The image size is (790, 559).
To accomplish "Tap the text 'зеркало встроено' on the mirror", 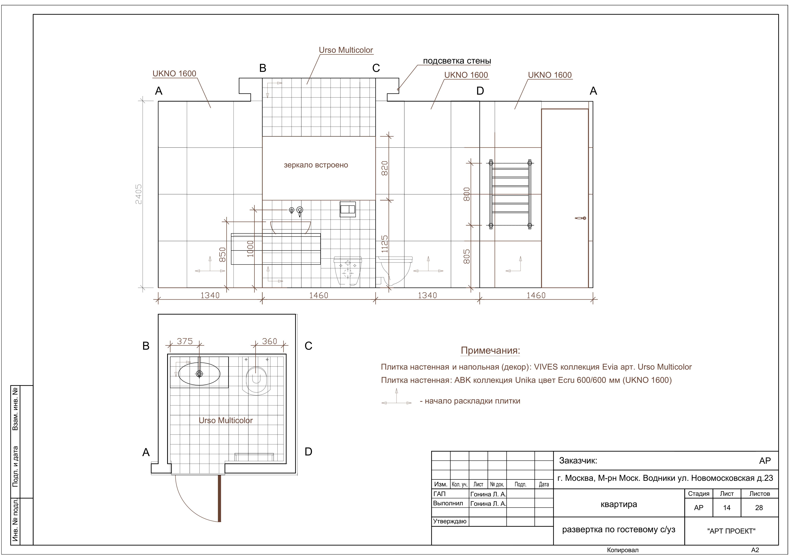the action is pyautogui.click(x=316, y=165).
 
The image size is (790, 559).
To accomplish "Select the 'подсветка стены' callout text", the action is pyautogui.click(x=457, y=61).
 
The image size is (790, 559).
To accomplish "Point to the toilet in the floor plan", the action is pyautogui.click(x=256, y=380).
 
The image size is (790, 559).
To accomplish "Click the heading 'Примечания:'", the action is pyautogui.click(x=490, y=351).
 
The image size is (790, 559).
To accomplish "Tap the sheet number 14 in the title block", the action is pyautogui.click(x=727, y=508).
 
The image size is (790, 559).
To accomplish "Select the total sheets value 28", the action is pyautogui.click(x=759, y=508).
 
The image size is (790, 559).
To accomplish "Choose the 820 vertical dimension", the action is pyautogui.click(x=385, y=168).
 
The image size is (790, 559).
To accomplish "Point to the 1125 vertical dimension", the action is pyautogui.click(x=385, y=244).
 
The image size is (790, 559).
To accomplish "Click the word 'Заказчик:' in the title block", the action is pyautogui.click(x=578, y=461).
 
